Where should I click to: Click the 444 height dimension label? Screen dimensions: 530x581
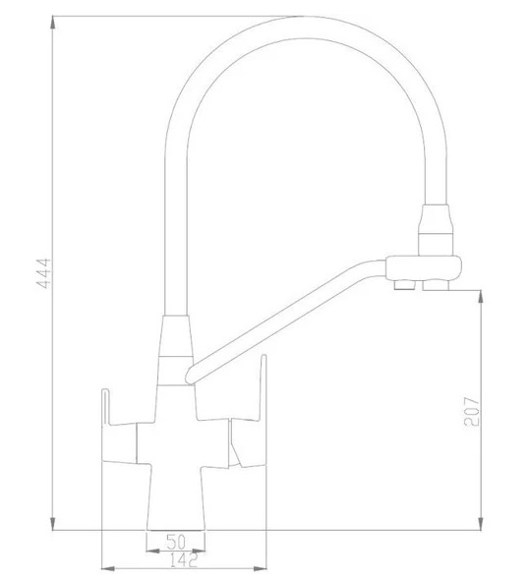(43, 273)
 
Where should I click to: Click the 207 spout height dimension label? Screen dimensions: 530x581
(472, 411)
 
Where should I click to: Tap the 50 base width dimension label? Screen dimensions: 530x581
(176, 542)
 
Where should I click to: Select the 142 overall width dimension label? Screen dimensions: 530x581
(184, 560)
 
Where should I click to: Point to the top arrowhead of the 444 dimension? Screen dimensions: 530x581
(53, 23)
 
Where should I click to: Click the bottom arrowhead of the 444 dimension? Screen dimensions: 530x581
(53, 524)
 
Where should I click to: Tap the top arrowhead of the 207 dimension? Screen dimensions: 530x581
(481, 297)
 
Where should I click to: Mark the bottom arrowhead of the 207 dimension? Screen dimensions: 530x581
(481, 524)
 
